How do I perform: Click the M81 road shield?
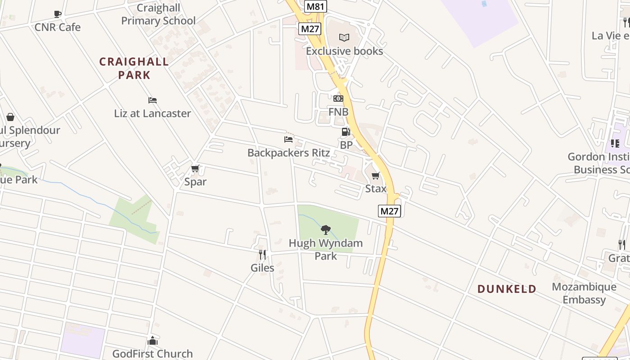(x=315, y=6)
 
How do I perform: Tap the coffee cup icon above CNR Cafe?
(x=58, y=14)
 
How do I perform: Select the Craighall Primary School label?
(x=158, y=14)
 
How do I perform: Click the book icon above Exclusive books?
(x=344, y=37)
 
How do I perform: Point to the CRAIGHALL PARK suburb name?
(x=134, y=68)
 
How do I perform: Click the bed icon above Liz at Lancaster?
(x=153, y=100)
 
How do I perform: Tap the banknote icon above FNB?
(x=338, y=99)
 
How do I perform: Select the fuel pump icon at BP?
(x=346, y=132)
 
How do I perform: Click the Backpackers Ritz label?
(x=288, y=153)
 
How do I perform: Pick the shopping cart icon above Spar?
(x=195, y=169)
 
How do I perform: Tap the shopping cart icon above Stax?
(x=376, y=175)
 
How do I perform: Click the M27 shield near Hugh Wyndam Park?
(x=389, y=211)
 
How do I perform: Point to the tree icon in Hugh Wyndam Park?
(x=326, y=230)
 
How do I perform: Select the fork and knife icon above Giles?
(x=262, y=255)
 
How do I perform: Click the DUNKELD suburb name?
(x=507, y=289)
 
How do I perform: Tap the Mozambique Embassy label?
(x=584, y=293)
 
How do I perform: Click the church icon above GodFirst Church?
(x=153, y=341)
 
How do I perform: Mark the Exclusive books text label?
(x=344, y=51)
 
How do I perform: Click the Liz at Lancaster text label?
(x=153, y=113)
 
